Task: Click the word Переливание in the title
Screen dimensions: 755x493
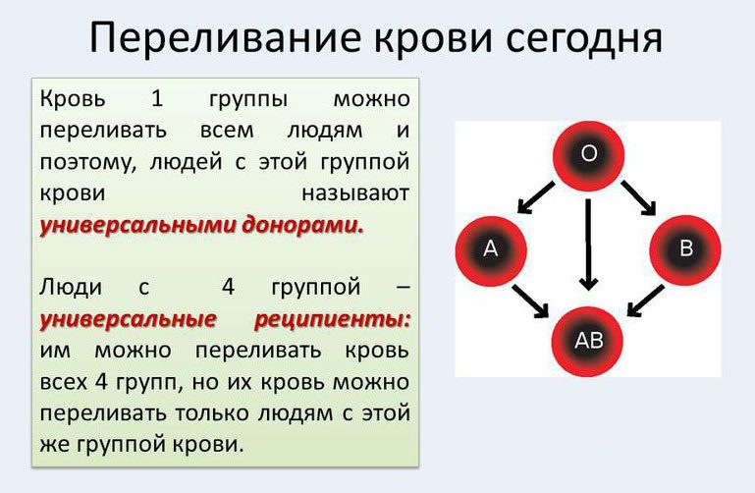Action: click(225, 38)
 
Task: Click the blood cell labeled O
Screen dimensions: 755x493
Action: click(588, 155)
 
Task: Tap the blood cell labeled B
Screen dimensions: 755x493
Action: click(685, 248)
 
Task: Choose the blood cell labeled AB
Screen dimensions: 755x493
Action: click(587, 342)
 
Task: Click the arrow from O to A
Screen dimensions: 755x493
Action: click(535, 197)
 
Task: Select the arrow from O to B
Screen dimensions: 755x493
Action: click(638, 197)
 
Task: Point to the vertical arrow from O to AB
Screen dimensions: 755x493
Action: click(588, 245)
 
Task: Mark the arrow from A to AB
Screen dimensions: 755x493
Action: click(530, 301)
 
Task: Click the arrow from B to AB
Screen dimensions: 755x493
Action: click(646, 301)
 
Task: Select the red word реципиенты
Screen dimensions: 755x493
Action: click(332, 319)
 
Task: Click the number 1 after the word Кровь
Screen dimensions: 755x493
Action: click(157, 98)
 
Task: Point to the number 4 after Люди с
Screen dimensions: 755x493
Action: click(228, 287)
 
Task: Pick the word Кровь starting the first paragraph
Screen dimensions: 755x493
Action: click(73, 99)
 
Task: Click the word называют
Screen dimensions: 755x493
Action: click(355, 193)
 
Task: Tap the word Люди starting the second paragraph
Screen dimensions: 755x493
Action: click(71, 288)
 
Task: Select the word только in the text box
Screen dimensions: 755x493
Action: click(212, 413)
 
